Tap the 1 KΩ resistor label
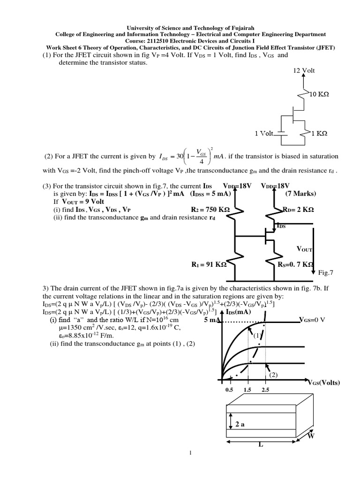(x=319, y=133)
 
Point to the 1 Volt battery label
(x=264, y=133)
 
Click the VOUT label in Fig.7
(x=305, y=249)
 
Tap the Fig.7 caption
(x=325, y=272)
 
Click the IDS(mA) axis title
(x=239, y=312)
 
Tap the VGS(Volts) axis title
(x=324, y=382)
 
